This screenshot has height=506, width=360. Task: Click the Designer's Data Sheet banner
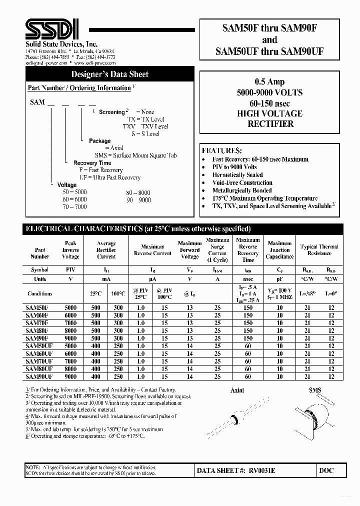click(x=109, y=74)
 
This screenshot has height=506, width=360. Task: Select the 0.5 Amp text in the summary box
click(x=269, y=82)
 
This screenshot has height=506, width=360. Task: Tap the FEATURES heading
click(x=221, y=150)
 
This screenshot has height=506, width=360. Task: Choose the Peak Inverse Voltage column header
click(x=70, y=250)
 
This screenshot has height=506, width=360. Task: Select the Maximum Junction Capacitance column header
click(x=279, y=250)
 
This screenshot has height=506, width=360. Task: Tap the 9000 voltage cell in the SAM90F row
click(x=70, y=337)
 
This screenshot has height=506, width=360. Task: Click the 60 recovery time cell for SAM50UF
click(x=247, y=346)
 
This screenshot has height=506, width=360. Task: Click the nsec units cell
click(x=247, y=279)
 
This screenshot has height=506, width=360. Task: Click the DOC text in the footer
click(x=325, y=470)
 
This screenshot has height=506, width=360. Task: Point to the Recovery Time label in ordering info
click(x=92, y=163)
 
